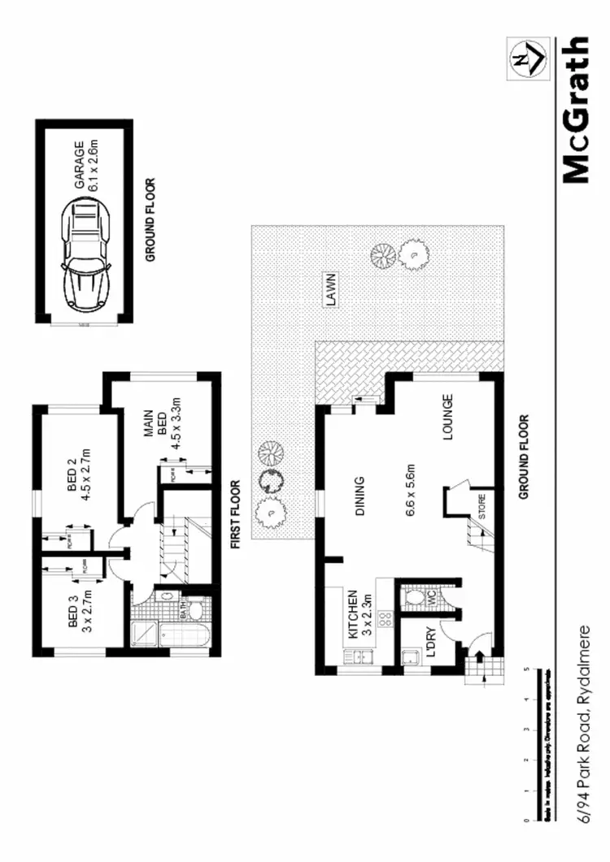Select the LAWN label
pos(330,289)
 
